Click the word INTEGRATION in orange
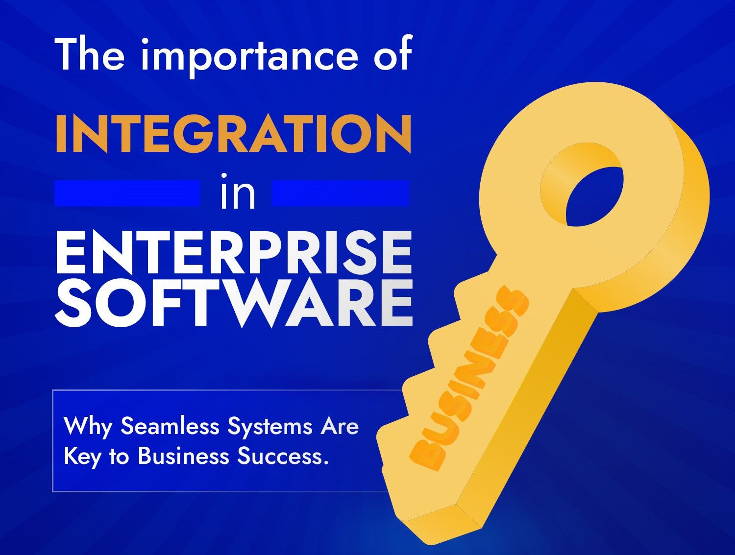coord(233,133)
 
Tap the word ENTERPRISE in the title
coord(233,253)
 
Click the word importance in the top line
coord(250,55)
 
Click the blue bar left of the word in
coord(127,193)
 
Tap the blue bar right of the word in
coord(340,193)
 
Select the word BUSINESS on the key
coord(469,380)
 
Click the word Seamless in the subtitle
coord(170,426)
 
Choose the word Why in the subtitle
coord(88,427)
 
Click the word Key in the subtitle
coord(82,457)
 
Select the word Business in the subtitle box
coord(183,456)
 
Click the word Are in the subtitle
coord(340,426)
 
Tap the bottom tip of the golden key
coord(431,536)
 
